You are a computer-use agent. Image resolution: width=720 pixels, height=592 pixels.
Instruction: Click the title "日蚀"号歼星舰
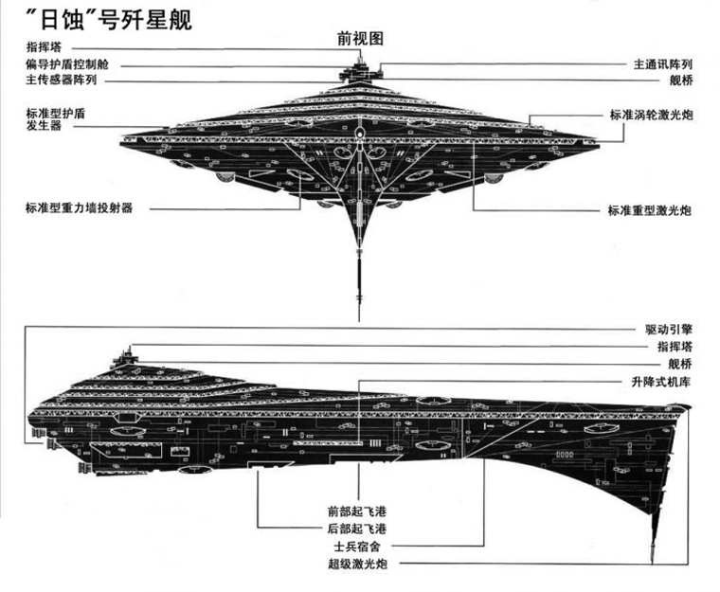click(109, 19)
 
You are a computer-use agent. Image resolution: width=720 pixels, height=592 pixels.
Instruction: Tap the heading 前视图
click(360, 39)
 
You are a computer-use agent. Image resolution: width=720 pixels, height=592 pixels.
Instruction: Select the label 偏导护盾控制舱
click(67, 63)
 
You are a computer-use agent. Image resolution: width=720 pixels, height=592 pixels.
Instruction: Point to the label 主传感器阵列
click(62, 80)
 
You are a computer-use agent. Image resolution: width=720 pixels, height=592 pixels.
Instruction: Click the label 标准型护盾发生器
click(56, 119)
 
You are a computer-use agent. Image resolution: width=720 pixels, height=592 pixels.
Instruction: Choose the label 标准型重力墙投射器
click(80, 208)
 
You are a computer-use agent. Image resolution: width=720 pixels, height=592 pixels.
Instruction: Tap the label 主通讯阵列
click(662, 64)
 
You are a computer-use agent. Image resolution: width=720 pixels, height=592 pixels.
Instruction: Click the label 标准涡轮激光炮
click(651, 115)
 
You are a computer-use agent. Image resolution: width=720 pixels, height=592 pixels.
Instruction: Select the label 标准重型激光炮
click(650, 210)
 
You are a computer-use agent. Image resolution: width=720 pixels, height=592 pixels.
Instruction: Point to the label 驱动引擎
click(669, 330)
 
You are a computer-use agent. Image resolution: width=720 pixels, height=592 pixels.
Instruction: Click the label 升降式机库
click(660, 382)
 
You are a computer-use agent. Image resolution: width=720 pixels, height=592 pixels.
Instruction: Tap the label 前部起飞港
click(357, 511)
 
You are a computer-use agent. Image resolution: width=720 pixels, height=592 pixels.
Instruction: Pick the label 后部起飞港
click(357, 529)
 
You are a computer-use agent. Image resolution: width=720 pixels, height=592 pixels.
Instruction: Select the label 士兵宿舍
click(357, 547)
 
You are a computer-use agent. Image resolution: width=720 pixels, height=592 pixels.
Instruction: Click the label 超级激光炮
click(357, 564)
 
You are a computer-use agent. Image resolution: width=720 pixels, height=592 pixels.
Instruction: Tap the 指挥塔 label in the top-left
click(44, 46)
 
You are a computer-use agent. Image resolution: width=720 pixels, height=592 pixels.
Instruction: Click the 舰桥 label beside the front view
click(680, 81)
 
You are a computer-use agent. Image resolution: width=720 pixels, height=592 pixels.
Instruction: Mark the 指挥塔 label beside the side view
click(675, 347)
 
